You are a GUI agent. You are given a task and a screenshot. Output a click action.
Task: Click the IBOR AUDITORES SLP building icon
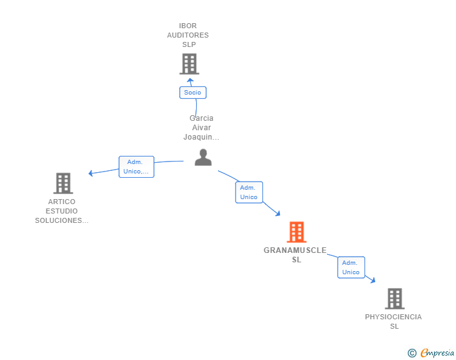coord(189,64)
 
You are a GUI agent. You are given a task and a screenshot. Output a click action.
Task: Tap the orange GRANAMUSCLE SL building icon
coord(296,232)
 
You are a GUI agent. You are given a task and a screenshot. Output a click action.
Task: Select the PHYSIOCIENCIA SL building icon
coord(394,299)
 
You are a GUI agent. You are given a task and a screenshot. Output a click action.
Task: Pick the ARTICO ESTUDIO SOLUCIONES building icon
coord(63,183)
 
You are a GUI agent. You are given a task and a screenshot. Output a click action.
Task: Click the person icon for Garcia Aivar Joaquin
coord(203,157)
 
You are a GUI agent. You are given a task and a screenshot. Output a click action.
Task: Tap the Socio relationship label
coord(192,93)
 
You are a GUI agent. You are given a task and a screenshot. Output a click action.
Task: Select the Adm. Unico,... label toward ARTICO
coord(137,167)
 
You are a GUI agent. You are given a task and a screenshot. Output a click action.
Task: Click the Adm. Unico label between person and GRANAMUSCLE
coord(249,192)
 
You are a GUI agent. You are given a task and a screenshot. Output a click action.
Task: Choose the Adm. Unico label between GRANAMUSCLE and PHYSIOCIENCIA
coord(351,267)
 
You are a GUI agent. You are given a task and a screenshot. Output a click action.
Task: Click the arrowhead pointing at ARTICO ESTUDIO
coord(91,173)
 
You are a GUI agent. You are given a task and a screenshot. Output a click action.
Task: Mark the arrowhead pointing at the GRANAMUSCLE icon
coord(277,214)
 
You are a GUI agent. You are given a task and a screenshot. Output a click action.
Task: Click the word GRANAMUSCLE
coord(295,250)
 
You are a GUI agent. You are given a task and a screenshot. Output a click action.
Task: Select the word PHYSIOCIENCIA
coord(393,317)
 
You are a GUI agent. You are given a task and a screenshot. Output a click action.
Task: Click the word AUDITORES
coord(188,36)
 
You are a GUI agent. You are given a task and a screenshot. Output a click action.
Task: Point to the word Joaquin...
coord(201,137)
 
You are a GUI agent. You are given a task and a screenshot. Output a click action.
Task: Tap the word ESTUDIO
coord(61,211)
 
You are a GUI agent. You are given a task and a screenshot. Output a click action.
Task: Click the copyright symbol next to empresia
coord(412,353)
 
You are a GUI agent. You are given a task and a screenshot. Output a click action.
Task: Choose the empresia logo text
coord(437,353)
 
